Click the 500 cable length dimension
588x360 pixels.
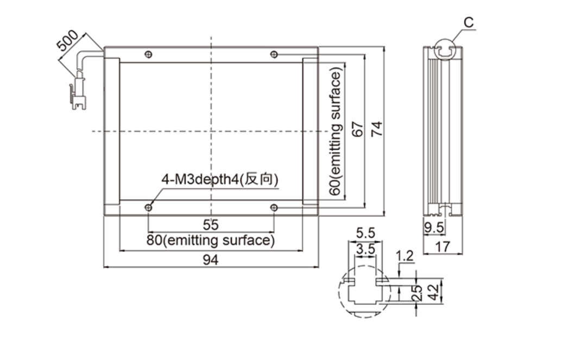click(x=68, y=42)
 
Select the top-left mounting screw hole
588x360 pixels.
click(x=149, y=54)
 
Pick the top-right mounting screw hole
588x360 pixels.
click(x=274, y=54)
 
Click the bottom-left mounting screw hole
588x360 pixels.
click(x=149, y=207)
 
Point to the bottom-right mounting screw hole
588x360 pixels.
click(x=274, y=207)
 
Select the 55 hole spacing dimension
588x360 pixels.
click(x=211, y=224)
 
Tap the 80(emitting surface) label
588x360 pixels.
click(x=211, y=240)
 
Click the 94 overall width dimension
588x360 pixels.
click(x=211, y=260)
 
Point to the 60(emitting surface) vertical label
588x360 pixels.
click(x=337, y=133)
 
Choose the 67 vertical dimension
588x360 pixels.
click(x=357, y=129)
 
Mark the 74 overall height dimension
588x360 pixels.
click(x=376, y=129)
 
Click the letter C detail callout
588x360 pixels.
click(x=469, y=23)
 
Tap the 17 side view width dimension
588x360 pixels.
click(x=442, y=247)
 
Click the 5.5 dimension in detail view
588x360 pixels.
click(x=365, y=233)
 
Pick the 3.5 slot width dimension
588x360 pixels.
click(x=365, y=250)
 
